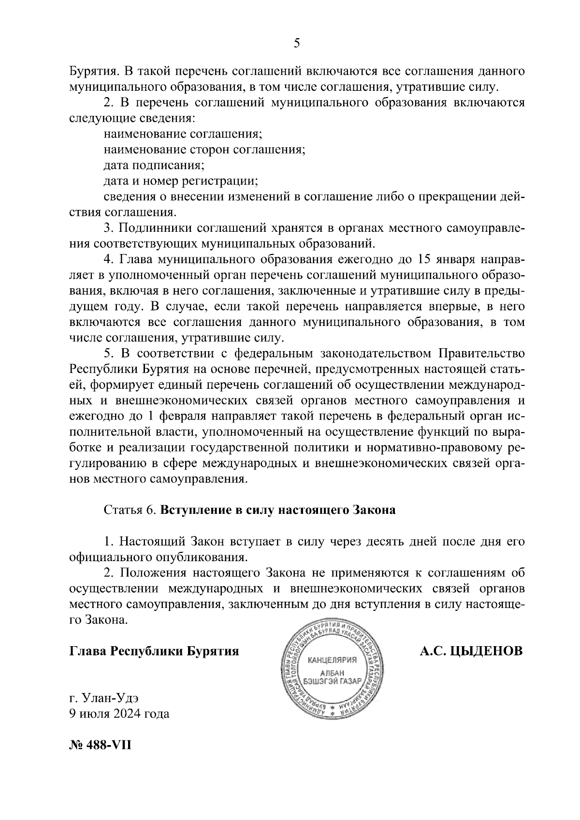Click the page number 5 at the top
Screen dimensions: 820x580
(297, 43)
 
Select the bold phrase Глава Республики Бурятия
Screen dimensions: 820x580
(154, 651)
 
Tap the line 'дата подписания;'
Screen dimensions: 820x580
(154, 165)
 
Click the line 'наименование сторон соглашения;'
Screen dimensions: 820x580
(204, 149)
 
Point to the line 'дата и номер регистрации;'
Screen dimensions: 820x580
(181, 181)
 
